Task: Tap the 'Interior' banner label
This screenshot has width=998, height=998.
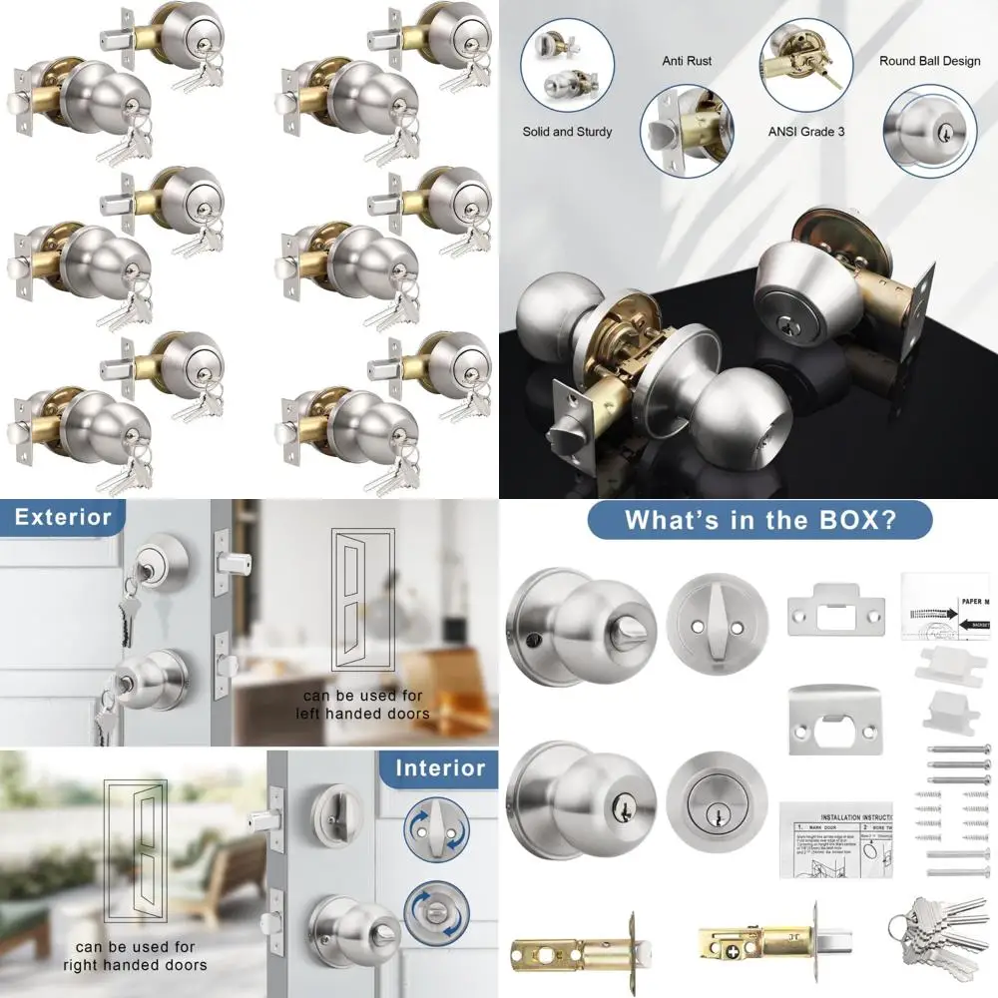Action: pyautogui.click(x=439, y=768)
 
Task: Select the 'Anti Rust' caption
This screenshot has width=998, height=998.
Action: pyautogui.click(x=687, y=61)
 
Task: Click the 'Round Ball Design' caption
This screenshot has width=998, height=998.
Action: pyautogui.click(x=929, y=61)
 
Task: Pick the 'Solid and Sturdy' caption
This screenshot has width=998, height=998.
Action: pyautogui.click(x=567, y=131)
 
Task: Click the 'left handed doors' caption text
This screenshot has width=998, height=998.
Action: pyautogui.click(x=362, y=704)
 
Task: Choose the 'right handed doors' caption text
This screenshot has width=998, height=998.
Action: pyautogui.click(x=135, y=955)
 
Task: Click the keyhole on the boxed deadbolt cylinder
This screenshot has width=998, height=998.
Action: pyautogui.click(x=717, y=817)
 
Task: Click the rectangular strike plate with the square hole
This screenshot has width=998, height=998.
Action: pyautogui.click(x=834, y=611)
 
